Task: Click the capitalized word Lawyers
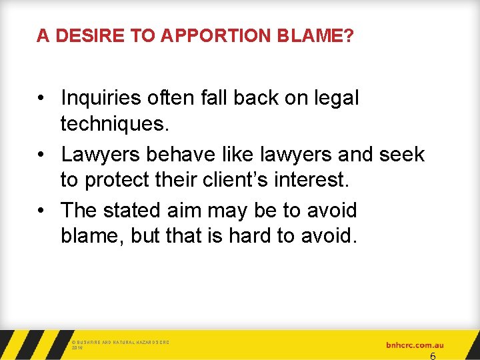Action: (101, 154)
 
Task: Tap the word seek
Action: (401, 154)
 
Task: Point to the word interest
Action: (309, 181)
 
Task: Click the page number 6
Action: (433, 356)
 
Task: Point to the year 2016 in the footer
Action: (76, 348)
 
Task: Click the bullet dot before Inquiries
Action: (41, 99)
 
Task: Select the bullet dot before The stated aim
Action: (41, 211)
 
